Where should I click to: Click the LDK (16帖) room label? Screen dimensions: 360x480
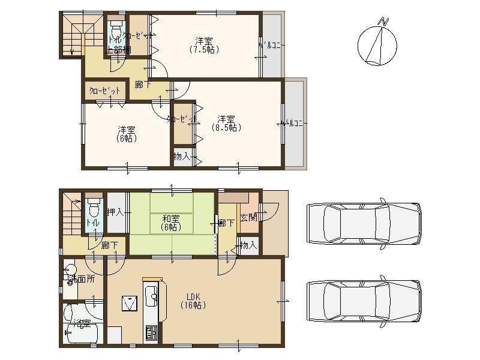[192, 301]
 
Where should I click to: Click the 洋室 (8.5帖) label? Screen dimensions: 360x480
[226, 122]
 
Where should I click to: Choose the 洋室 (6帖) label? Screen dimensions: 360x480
[126, 134]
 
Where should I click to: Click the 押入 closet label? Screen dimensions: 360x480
[115, 212]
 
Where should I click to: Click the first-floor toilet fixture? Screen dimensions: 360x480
[94, 210]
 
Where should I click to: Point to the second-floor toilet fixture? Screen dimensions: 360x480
[115, 30]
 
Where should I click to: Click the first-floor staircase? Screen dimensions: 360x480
[71, 212]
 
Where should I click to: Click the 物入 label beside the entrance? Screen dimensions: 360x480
[248, 245]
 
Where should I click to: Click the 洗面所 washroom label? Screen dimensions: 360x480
[80, 278]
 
